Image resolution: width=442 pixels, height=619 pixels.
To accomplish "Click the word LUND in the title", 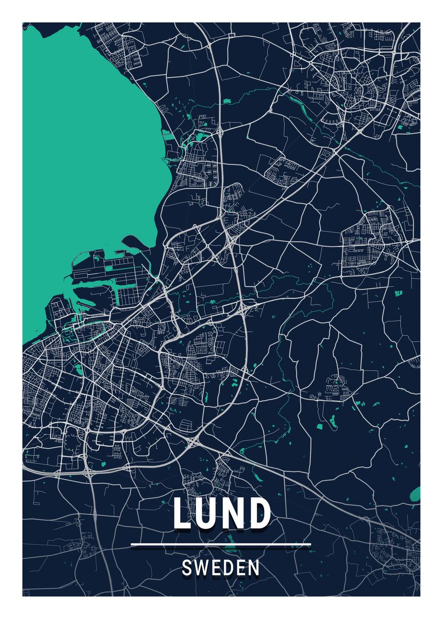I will point(221,513).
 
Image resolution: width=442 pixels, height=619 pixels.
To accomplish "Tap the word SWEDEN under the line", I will point(221,568).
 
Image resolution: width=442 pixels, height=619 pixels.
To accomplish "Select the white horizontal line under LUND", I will point(221,544).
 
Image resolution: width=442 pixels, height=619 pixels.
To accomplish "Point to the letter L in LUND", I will point(183,513).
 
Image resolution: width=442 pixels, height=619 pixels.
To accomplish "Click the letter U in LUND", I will point(206,514).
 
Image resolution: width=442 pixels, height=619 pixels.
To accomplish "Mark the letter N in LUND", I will point(233,513).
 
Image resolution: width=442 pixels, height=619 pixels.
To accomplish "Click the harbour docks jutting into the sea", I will point(103,273).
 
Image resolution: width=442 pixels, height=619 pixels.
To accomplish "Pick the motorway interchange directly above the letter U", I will point(194,442).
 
